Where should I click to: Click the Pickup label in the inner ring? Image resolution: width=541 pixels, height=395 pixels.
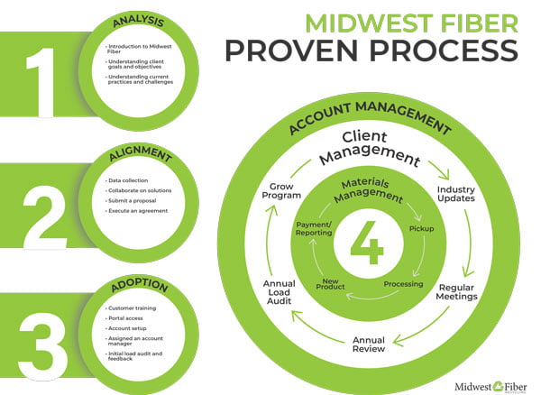click(422, 230)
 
